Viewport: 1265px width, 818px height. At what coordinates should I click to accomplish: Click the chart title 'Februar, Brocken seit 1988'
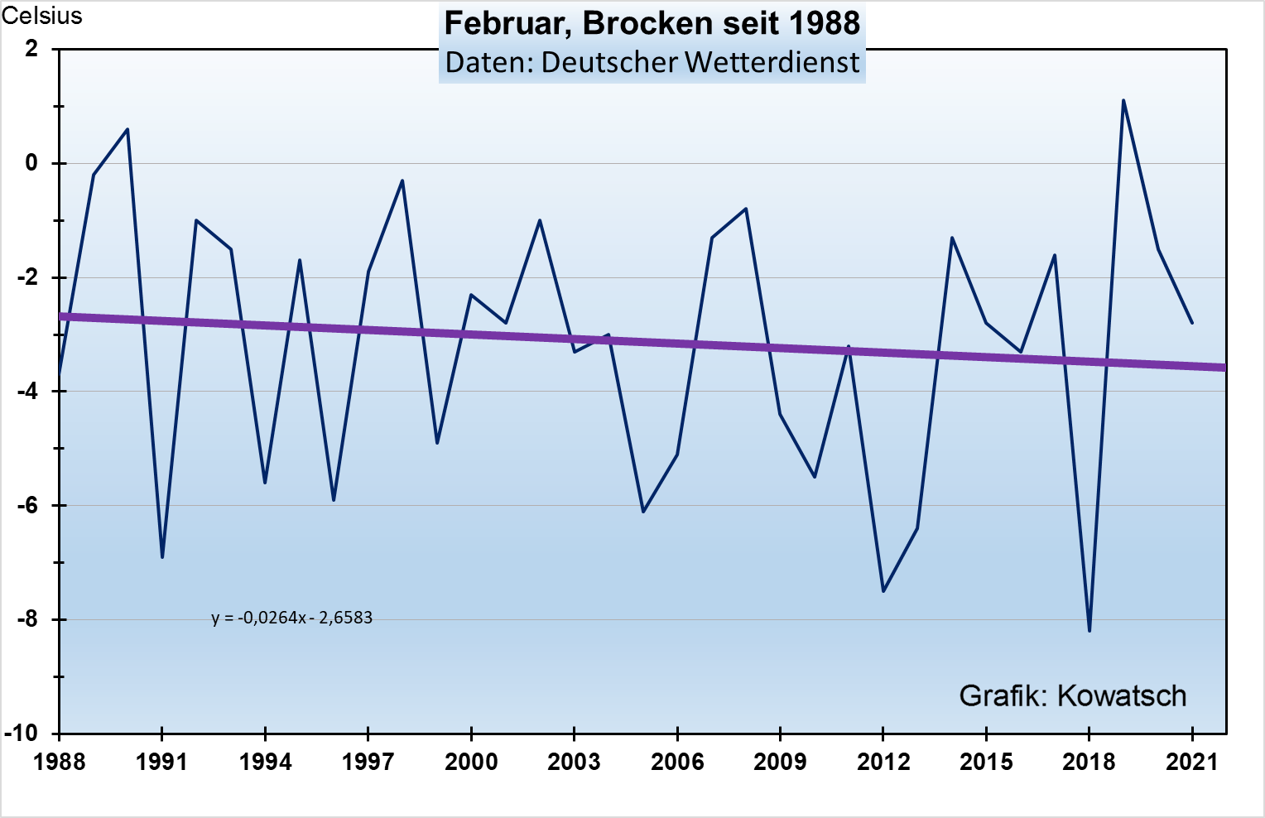click(652, 23)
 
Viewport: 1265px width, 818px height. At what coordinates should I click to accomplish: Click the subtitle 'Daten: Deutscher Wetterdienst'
click(652, 62)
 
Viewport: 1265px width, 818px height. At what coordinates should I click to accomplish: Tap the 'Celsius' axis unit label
click(41, 16)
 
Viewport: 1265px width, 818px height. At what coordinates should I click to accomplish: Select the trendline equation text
click(291, 618)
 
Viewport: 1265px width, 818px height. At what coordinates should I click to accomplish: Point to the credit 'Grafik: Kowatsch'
click(1072, 695)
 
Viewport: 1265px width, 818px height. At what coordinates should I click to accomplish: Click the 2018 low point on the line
click(1089, 631)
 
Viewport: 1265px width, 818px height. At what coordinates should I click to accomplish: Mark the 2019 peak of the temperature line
click(1123, 100)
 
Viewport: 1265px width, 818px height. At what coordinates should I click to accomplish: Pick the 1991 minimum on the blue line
click(162, 557)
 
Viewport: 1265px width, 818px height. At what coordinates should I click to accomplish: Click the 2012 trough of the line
click(883, 591)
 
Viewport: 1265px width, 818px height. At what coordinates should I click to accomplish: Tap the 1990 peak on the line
click(127, 129)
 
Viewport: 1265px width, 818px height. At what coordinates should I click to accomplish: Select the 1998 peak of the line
click(402, 180)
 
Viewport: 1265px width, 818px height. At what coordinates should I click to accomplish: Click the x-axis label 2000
click(471, 762)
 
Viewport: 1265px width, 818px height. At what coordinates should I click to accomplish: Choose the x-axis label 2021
click(1192, 762)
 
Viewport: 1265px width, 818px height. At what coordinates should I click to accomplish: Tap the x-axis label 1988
click(60, 762)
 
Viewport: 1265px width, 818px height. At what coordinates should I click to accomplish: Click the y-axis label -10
click(23, 733)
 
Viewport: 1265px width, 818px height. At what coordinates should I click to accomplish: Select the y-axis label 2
click(31, 49)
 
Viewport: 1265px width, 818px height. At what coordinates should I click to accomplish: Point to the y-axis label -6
click(27, 505)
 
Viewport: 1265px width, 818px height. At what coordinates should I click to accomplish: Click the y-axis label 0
click(31, 163)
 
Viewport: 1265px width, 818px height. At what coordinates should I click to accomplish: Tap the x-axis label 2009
click(780, 762)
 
